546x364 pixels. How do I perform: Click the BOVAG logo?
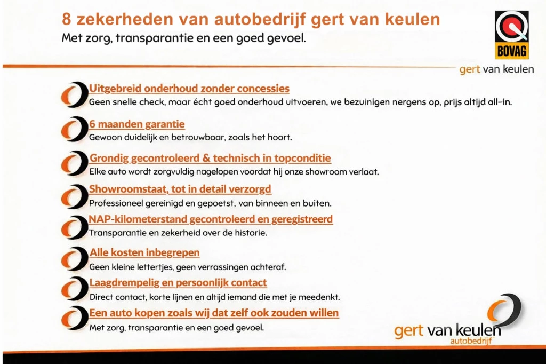pos(511,34)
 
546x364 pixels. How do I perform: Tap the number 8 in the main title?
pos(67,20)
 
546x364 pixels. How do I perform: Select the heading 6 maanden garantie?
pos(137,124)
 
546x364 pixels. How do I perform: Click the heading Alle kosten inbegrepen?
pos(144,252)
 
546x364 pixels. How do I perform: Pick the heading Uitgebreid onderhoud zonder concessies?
pos(189,89)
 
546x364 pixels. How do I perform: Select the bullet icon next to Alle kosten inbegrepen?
pos(74,258)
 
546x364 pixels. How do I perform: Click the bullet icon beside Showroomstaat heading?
pos(74,195)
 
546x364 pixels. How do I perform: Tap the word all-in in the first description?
pos(498,102)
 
